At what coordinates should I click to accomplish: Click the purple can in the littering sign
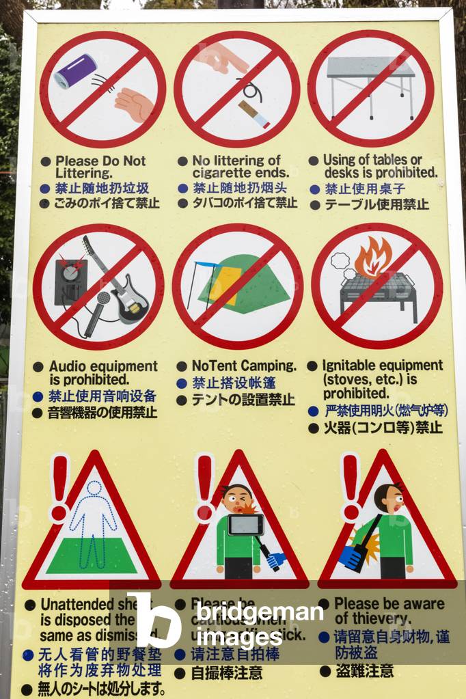click(x=75, y=72)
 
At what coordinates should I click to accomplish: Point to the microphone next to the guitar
click(x=102, y=300)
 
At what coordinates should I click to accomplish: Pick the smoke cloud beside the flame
click(x=341, y=264)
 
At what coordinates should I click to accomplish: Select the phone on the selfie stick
click(x=246, y=525)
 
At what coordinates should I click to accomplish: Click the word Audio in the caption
click(x=68, y=366)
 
